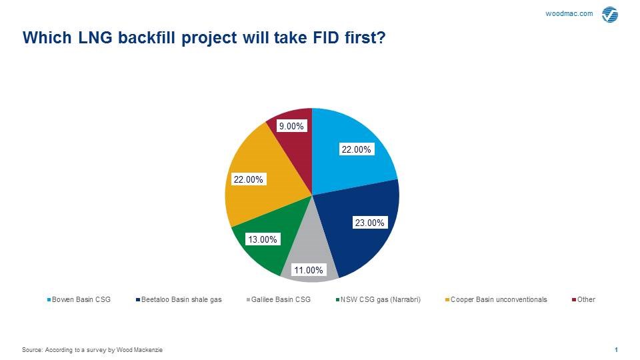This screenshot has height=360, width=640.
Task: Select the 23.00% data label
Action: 369,223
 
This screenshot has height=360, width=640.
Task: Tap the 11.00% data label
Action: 309,270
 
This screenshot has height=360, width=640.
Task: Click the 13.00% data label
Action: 263,239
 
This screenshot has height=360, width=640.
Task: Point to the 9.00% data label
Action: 291,126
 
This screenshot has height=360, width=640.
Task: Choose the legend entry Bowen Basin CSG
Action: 79,299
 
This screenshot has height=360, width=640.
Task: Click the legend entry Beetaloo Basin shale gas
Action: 179,299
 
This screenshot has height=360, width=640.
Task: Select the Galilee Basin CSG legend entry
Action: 279,299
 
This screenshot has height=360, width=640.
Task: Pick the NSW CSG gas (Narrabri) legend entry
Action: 378,299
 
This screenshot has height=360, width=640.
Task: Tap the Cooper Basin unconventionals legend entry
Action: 496,299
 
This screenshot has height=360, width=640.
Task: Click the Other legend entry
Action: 584,299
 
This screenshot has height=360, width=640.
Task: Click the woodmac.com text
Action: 569,13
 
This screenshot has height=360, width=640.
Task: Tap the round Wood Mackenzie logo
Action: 610,15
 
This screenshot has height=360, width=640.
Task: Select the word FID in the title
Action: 327,37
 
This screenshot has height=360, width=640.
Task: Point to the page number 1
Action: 616,350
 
